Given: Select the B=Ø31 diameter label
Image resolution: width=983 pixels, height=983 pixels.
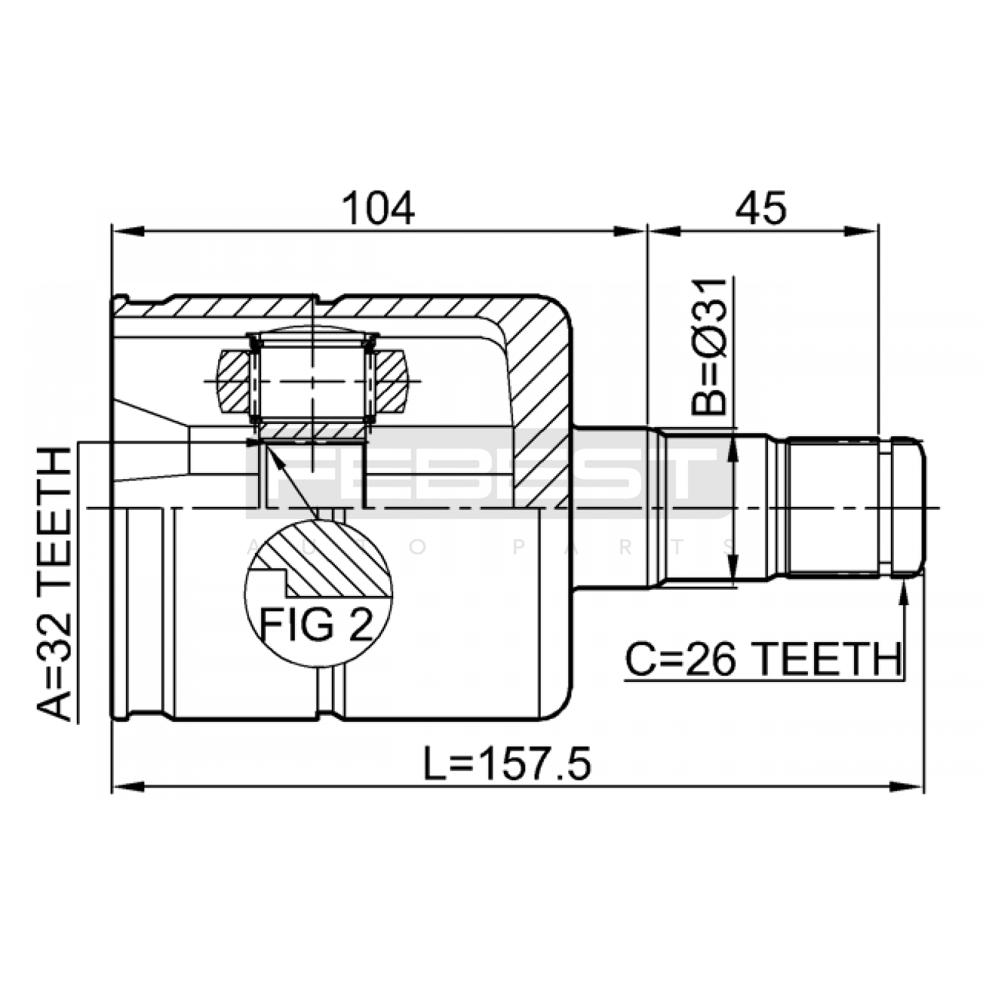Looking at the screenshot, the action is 709,347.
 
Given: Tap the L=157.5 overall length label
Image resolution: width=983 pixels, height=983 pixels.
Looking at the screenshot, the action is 507,764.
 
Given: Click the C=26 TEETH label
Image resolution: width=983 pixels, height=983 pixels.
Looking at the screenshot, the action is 763,660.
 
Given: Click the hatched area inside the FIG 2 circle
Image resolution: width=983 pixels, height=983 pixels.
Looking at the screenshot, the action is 332,559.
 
